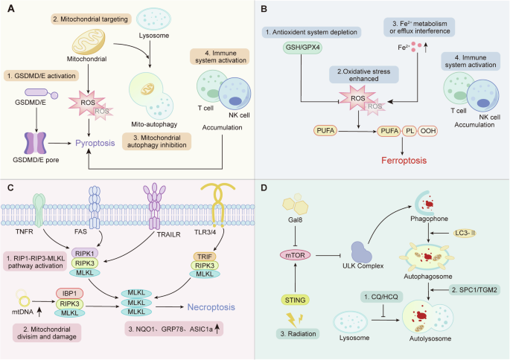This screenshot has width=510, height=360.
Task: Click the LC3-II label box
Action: pyautogui.click(x=472, y=234)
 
